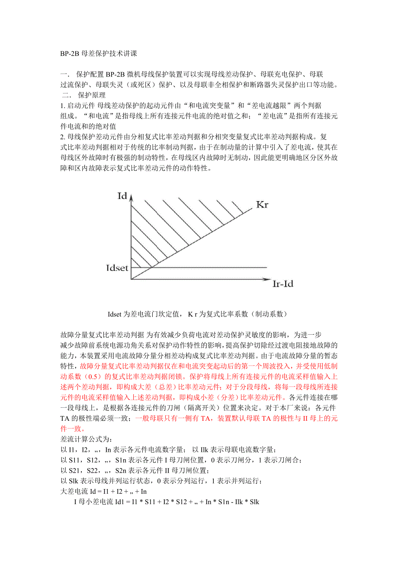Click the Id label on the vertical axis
click(122, 196)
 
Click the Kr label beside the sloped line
click(262, 204)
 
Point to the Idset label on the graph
click(117, 268)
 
